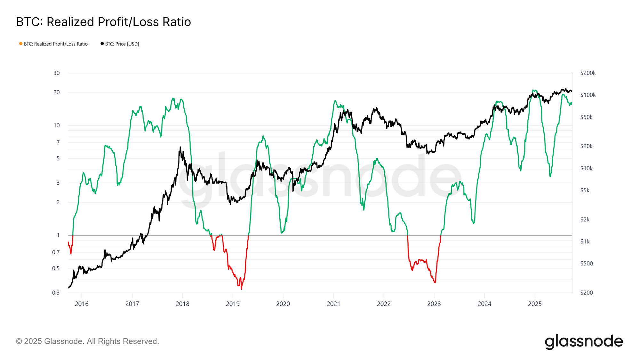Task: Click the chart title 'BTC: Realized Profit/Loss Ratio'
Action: click(x=103, y=22)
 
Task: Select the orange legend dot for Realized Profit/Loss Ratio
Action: click(x=21, y=44)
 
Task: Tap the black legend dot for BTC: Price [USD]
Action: click(x=102, y=44)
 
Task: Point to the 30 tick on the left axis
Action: click(x=57, y=73)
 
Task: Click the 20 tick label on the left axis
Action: click(x=57, y=92)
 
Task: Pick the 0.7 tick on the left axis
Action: click(x=56, y=252)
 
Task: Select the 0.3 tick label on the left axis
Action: click(x=56, y=293)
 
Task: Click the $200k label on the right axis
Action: click(x=588, y=73)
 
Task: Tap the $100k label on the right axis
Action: click(x=588, y=95)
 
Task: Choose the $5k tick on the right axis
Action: click(x=585, y=190)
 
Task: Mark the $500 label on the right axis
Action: click(x=586, y=264)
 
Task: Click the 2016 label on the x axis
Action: click(x=82, y=304)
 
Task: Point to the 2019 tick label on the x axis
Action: click(x=233, y=304)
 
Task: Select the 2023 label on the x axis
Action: click(x=434, y=304)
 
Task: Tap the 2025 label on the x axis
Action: click(x=535, y=304)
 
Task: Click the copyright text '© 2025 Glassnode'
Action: click(x=87, y=341)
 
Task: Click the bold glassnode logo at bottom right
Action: click(x=584, y=342)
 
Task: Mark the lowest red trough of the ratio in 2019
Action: click(x=241, y=289)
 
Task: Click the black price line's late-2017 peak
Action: click(x=180, y=147)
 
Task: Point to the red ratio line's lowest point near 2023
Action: click(x=435, y=283)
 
